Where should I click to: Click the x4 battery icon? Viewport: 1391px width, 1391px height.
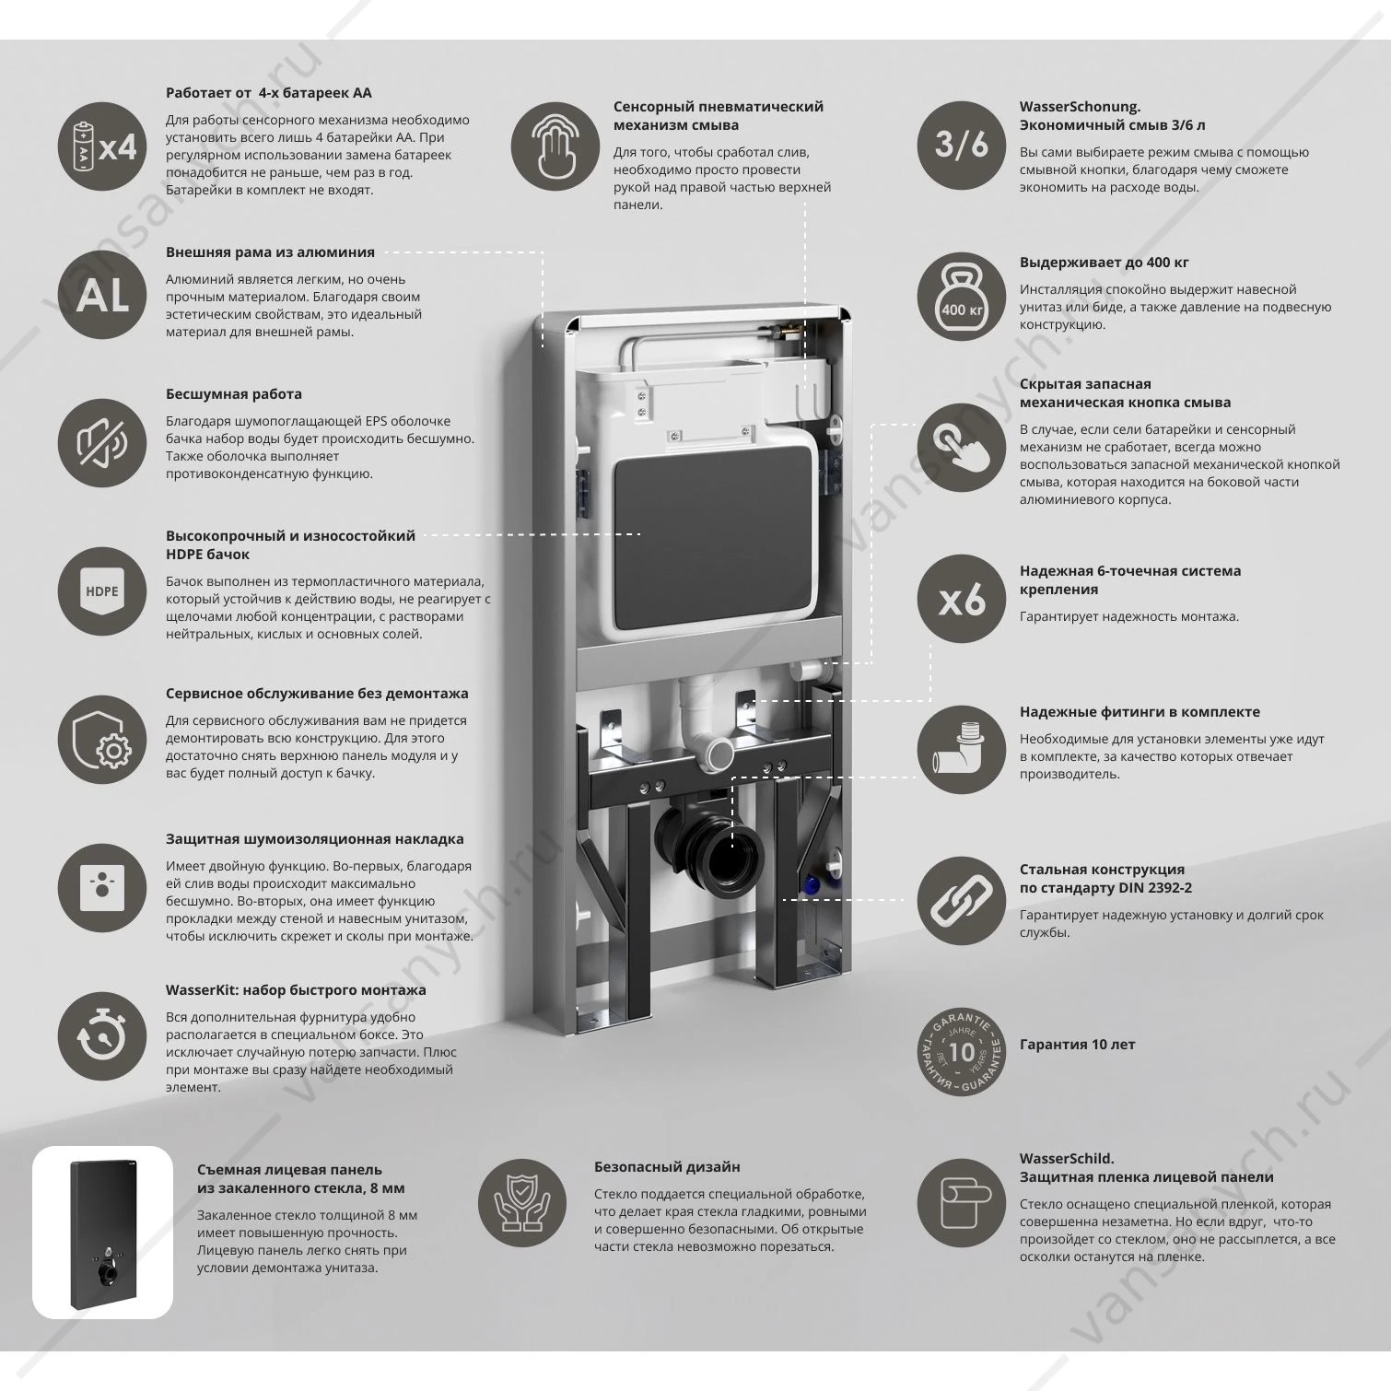coord(103,147)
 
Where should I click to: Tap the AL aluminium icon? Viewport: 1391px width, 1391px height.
coord(103,295)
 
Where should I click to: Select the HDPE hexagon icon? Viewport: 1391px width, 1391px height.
coord(103,591)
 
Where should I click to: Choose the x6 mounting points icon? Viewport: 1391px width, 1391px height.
coord(963,602)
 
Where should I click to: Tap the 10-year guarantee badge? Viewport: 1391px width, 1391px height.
coord(963,1051)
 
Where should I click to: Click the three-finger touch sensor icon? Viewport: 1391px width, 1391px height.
coord(555,147)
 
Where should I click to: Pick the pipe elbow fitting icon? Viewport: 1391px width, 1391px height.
coord(963,752)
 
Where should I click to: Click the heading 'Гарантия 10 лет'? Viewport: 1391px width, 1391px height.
coord(1077,1045)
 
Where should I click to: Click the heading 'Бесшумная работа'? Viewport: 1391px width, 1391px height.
coord(234,394)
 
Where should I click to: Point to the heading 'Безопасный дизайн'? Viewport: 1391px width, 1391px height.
coord(667,1167)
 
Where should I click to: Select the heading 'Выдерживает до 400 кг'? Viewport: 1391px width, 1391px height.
coord(1104,263)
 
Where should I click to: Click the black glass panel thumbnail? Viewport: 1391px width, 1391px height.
coord(103,1232)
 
